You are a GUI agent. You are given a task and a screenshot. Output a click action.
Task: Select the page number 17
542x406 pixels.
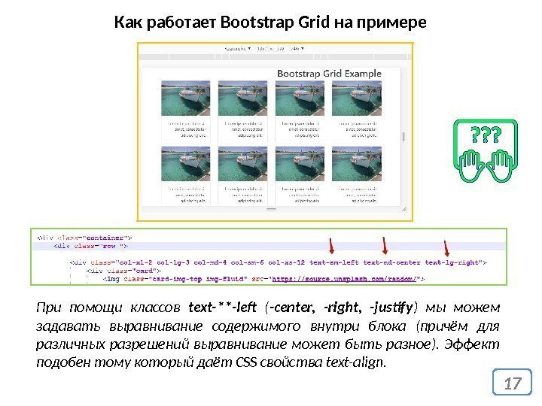coord(513,385)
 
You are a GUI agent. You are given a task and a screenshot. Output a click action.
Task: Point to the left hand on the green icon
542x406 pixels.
coord(473,160)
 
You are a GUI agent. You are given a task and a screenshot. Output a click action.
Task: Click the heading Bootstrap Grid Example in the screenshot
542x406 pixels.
coord(329,74)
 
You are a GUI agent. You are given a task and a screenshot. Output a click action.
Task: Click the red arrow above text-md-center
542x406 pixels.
coord(385,245)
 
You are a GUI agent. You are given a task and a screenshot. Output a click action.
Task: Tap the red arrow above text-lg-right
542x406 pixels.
coord(446,248)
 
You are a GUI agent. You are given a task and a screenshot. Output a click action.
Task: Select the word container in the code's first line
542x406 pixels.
coord(111,235)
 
